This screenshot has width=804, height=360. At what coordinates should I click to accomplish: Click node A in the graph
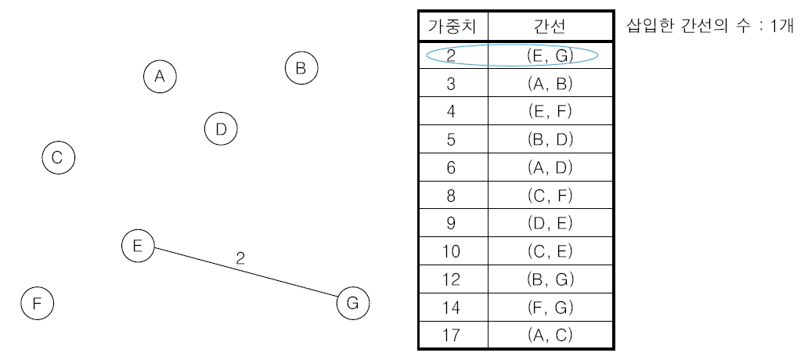click(160, 76)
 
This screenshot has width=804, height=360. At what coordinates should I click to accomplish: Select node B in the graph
click(301, 68)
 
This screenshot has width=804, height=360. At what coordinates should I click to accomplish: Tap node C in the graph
click(57, 158)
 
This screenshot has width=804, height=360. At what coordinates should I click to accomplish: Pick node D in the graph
click(221, 129)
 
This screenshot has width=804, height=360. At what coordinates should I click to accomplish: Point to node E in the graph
click(138, 246)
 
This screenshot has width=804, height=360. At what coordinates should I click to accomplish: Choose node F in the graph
click(37, 303)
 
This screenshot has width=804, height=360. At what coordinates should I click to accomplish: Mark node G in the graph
click(352, 303)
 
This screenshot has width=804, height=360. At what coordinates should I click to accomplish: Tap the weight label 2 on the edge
click(240, 258)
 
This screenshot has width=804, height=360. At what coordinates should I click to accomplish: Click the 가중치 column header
click(453, 27)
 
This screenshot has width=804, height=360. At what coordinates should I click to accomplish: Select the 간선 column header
click(550, 27)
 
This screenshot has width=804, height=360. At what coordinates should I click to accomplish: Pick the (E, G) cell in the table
click(550, 56)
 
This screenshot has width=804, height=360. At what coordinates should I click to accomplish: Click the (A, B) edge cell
click(550, 84)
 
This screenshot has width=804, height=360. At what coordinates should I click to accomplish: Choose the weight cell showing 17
click(453, 334)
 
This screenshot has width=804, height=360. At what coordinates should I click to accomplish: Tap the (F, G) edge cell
click(550, 307)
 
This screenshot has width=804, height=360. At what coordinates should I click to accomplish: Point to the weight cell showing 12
click(453, 279)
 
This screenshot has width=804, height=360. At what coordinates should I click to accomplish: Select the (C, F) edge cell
click(550, 195)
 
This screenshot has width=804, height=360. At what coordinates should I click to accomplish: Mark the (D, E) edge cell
click(550, 223)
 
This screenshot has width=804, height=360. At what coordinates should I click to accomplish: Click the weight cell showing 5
click(453, 139)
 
